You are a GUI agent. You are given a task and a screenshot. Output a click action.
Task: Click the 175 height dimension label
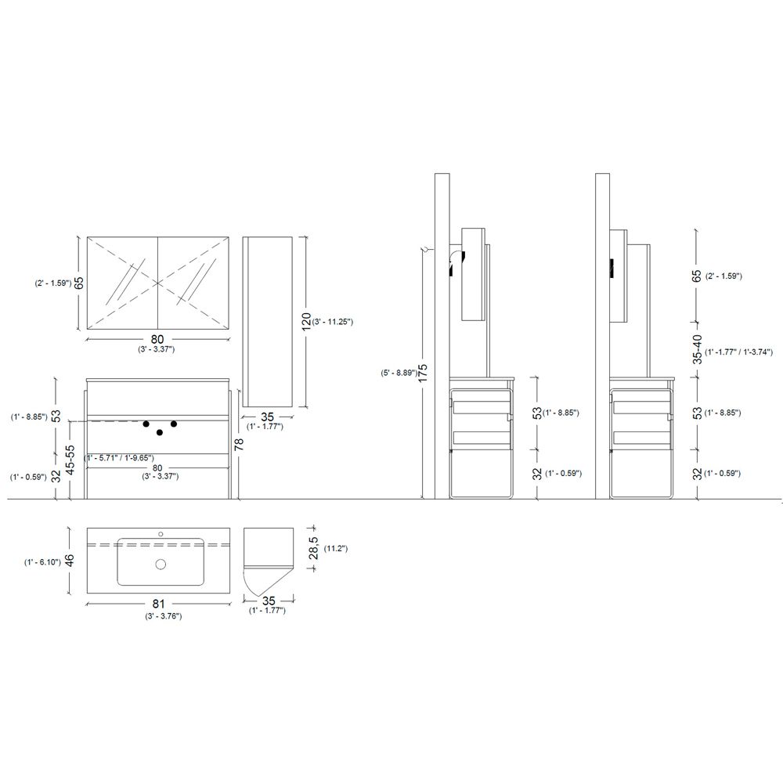pos(423,373)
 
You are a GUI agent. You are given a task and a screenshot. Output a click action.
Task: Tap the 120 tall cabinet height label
pos(307,321)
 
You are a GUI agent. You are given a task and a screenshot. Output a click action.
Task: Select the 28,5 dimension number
pos(314,548)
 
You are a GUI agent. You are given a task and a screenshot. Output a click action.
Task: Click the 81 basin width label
pos(158,604)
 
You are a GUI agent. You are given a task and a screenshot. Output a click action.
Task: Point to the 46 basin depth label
pos(70,561)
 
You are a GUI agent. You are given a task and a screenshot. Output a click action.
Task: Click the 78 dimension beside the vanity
pos(239,443)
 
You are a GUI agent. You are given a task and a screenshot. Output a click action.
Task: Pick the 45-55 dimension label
pos(70,460)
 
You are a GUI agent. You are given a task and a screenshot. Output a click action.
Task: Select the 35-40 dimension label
pos(698,349)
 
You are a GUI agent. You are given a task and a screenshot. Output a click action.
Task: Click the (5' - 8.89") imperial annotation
pos(398,372)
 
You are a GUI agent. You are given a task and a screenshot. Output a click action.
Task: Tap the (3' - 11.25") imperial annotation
pos(333,322)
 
